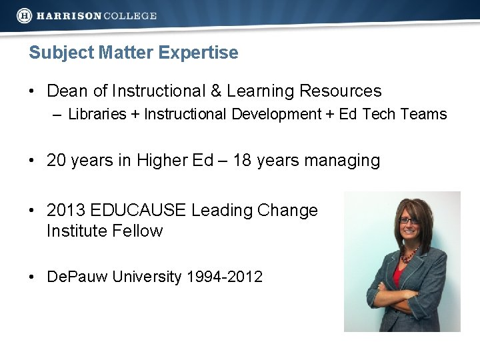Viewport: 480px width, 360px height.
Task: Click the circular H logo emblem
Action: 25,15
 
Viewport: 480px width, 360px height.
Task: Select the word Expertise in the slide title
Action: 203,53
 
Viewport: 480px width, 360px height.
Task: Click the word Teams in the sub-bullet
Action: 424,114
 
